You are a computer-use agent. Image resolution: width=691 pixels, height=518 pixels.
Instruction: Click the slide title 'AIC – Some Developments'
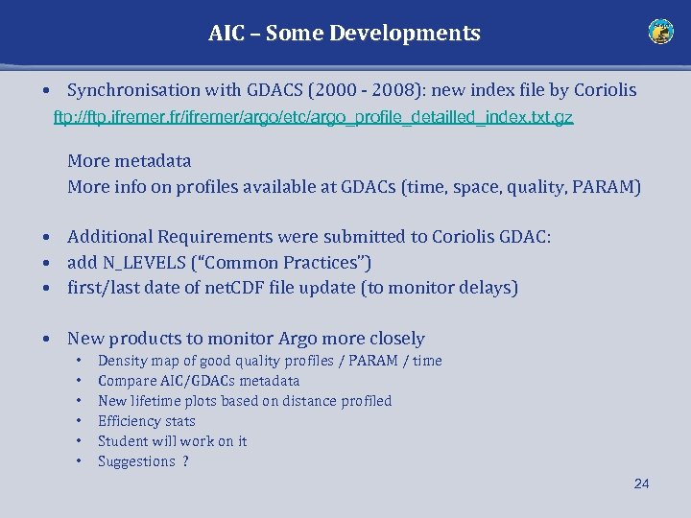(345, 34)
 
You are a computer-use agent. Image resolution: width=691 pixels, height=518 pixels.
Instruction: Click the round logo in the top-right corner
(660, 33)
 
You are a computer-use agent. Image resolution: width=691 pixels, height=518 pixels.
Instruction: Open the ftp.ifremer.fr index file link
(313, 118)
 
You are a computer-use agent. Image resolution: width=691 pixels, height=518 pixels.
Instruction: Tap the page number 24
(641, 483)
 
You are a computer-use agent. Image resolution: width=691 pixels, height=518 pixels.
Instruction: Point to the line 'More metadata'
(129, 161)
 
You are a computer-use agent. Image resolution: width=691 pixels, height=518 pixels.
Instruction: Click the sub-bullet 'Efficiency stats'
(146, 421)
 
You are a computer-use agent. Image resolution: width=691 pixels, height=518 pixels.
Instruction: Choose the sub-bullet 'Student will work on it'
(172, 441)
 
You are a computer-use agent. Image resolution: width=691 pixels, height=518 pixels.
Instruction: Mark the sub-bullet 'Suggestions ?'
(143, 461)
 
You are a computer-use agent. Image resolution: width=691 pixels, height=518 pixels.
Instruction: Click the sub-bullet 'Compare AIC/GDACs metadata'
(199, 381)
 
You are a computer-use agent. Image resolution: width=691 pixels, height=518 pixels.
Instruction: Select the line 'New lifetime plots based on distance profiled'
(245, 401)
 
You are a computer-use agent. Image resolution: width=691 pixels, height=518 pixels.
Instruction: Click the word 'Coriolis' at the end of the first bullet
(605, 90)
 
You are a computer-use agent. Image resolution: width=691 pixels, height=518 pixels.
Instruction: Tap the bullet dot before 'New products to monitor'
(46, 339)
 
